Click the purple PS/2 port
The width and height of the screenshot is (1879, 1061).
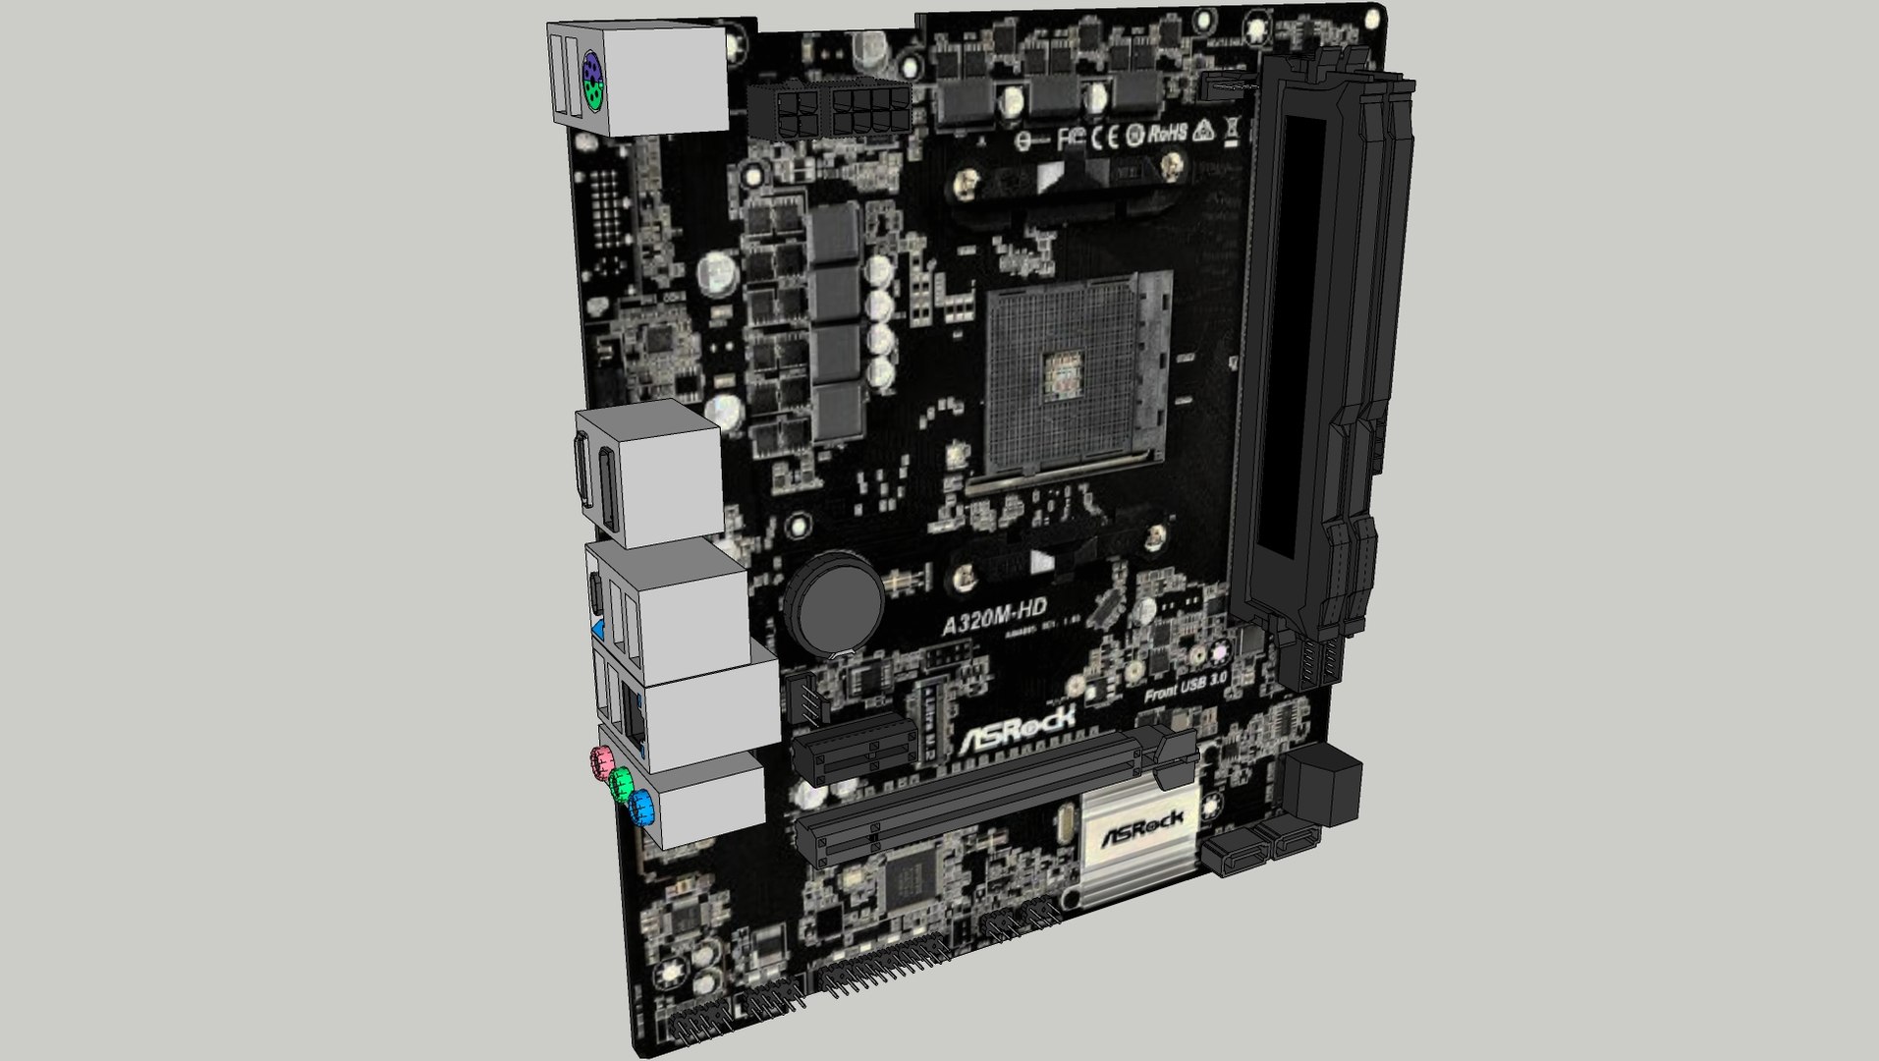pyautogui.click(x=591, y=72)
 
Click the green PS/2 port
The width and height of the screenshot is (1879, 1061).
pyautogui.click(x=592, y=97)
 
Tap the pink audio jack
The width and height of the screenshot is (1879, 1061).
pyautogui.click(x=601, y=759)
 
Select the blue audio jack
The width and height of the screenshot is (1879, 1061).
pyautogui.click(x=641, y=810)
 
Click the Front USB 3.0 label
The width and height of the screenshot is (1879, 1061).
pyautogui.click(x=1185, y=686)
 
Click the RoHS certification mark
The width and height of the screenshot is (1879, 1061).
pyautogui.click(x=1169, y=133)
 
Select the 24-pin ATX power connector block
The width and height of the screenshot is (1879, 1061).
pyautogui.click(x=1322, y=786)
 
